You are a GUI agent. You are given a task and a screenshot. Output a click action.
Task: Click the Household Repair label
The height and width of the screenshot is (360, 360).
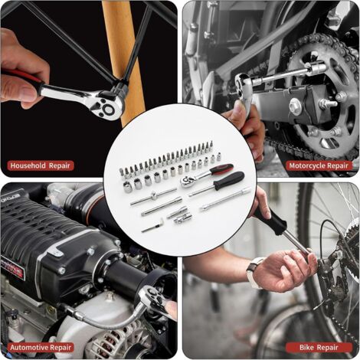point(41,165)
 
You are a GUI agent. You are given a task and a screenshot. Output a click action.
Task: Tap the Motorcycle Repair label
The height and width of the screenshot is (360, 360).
point(319,165)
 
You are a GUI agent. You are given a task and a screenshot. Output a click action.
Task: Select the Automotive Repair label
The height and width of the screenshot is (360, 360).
point(41,348)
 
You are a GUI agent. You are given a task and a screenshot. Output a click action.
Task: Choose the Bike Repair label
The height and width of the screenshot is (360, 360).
point(319,348)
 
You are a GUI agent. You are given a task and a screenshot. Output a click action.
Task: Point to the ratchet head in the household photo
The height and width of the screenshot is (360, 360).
point(109,106)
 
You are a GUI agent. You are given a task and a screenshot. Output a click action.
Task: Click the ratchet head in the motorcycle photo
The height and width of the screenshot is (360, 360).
point(244,83)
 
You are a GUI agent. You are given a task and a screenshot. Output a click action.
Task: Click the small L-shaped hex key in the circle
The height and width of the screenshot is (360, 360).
point(153,225)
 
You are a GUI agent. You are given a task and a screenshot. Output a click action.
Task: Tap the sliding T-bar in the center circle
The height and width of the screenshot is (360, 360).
point(154,197)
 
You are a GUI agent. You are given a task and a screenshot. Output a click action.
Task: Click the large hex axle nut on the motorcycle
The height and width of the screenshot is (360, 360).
point(296,105)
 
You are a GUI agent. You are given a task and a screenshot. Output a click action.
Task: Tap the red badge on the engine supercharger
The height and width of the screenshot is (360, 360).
point(12,270)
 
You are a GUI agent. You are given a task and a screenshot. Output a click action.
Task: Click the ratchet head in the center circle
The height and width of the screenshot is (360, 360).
point(188,181)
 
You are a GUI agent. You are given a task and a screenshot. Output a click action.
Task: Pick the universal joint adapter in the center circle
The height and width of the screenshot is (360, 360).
point(183,219)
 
